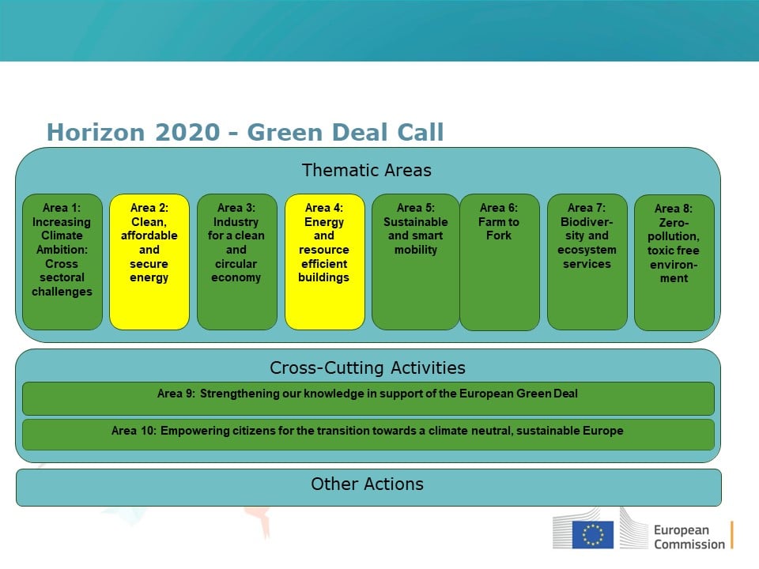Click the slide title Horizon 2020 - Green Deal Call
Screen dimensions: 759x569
click(245, 132)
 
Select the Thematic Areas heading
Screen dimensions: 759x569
click(366, 171)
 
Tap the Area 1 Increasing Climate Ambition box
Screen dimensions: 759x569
click(62, 262)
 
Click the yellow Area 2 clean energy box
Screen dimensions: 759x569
click(149, 262)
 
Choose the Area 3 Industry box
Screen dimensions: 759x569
click(237, 262)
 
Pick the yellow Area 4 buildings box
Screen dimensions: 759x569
click(325, 262)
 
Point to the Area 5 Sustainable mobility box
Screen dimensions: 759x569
click(416, 262)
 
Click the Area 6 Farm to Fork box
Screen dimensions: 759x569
click(500, 262)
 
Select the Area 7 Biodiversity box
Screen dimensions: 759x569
click(587, 262)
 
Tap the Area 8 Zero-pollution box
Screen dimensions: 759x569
click(674, 262)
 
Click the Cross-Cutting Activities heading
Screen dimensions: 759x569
click(368, 367)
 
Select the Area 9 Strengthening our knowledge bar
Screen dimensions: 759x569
click(368, 398)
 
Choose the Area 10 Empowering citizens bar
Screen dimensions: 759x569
click(368, 435)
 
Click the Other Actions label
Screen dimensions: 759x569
click(367, 484)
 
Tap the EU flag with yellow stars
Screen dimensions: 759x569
click(593, 535)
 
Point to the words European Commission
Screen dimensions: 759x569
click(689, 537)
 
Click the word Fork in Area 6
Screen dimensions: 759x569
click(499, 236)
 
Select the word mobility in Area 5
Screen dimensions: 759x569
click(416, 250)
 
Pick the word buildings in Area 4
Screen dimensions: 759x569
click(324, 277)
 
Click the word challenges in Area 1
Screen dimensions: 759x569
click(62, 292)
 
